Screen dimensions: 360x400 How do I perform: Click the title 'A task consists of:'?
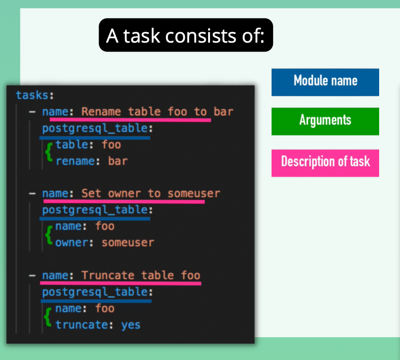[x=186, y=36]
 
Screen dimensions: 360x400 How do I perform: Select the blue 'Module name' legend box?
[x=325, y=81]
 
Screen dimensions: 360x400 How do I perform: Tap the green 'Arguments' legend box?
[x=325, y=121]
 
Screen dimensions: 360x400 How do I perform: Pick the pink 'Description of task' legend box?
[x=325, y=162]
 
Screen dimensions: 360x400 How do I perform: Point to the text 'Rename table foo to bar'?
[x=157, y=111]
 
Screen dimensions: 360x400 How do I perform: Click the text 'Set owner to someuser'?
[x=151, y=193]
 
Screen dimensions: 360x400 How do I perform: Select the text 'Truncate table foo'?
[x=141, y=275]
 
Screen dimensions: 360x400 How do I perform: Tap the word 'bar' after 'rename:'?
[x=118, y=161]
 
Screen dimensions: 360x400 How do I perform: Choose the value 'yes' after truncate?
[x=131, y=324]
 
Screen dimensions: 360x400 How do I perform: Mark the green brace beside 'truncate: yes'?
[x=48, y=317]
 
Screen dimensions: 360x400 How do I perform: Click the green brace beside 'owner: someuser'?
[x=48, y=235]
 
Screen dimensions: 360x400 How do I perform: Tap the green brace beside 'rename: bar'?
[x=48, y=153]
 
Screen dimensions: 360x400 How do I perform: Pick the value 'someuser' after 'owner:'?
[x=128, y=243]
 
